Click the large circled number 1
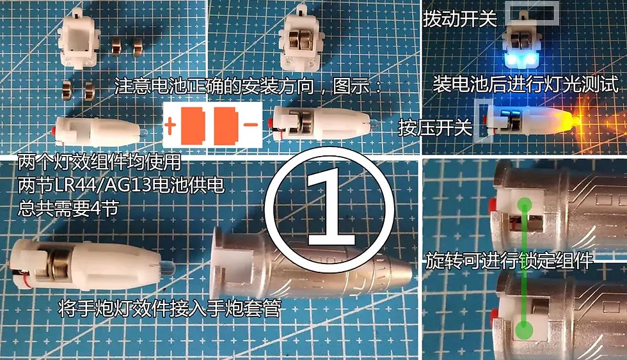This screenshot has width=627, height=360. [x=328, y=208]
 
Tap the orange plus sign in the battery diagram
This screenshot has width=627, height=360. [x=171, y=125]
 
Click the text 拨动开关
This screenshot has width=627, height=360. [x=460, y=19]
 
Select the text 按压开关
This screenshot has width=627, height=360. [x=435, y=128]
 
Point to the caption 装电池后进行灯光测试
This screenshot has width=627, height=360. [x=525, y=84]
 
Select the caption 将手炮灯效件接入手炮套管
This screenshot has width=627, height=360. [x=170, y=309]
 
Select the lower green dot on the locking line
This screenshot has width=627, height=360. [x=525, y=329]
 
